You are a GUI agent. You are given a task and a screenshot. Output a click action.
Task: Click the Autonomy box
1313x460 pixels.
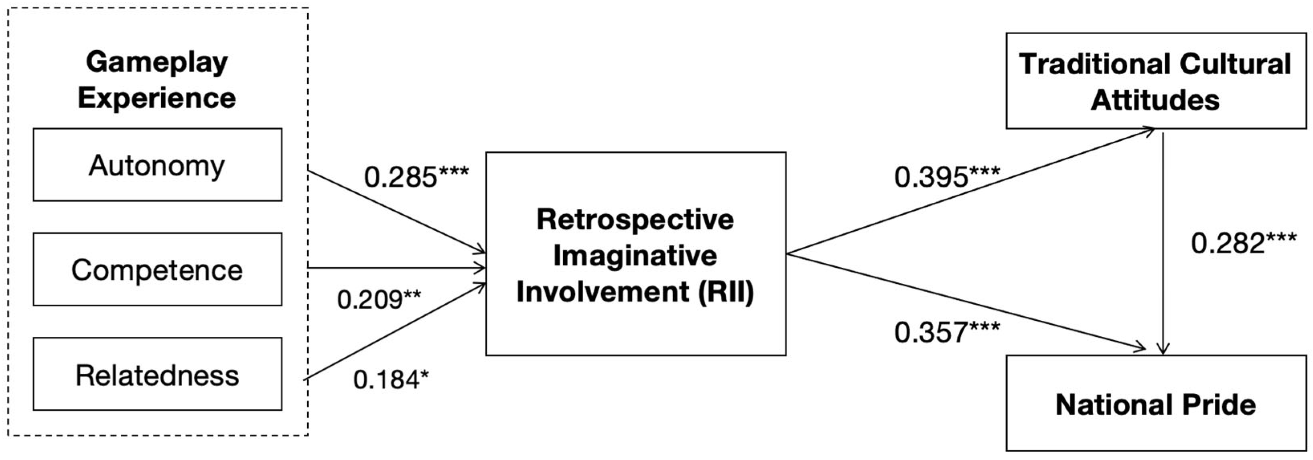pyautogui.click(x=158, y=165)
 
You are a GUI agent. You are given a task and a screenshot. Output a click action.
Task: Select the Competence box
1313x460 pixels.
pyautogui.click(x=158, y=269)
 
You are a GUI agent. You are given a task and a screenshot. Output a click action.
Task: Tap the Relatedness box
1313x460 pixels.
pyautogui.click(x=158, y=374)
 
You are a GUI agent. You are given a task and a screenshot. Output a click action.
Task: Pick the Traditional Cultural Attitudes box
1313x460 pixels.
pyautogui.click(x=1156, y=81)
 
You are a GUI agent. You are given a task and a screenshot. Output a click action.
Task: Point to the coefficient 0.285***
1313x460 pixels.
pyautogui.click(x=416, y=177)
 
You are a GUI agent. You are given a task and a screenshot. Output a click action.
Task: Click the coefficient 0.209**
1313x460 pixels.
pyautogui.click(x=379, y=299)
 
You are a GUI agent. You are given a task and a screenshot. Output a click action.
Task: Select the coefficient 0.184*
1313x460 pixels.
pyautogui.click(x=391, y=379)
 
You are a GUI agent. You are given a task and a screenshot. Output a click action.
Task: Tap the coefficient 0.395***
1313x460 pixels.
pyautogui.click(x=947, y=177)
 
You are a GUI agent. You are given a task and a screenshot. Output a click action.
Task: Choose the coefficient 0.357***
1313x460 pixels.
pyautogui.click(x=947, y=332)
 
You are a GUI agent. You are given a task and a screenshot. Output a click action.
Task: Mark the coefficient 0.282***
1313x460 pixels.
pyautogui.click(x=1244, y=243)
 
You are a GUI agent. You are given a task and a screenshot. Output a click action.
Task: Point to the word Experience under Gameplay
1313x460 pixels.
pyautogui.click(x=157, y=98)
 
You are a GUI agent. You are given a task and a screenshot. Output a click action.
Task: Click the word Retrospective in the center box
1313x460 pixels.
pyautogui.click(x=635, y=220)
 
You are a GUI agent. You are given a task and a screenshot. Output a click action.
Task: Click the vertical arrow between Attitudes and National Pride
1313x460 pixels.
pyautogui.click(x=1163, y=244)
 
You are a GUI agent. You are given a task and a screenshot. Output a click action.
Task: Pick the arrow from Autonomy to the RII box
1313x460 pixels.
pyautogui.click(x=397, y=212)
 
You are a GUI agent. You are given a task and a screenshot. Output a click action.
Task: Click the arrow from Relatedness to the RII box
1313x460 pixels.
pyautogui.click(x=396, y=331)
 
